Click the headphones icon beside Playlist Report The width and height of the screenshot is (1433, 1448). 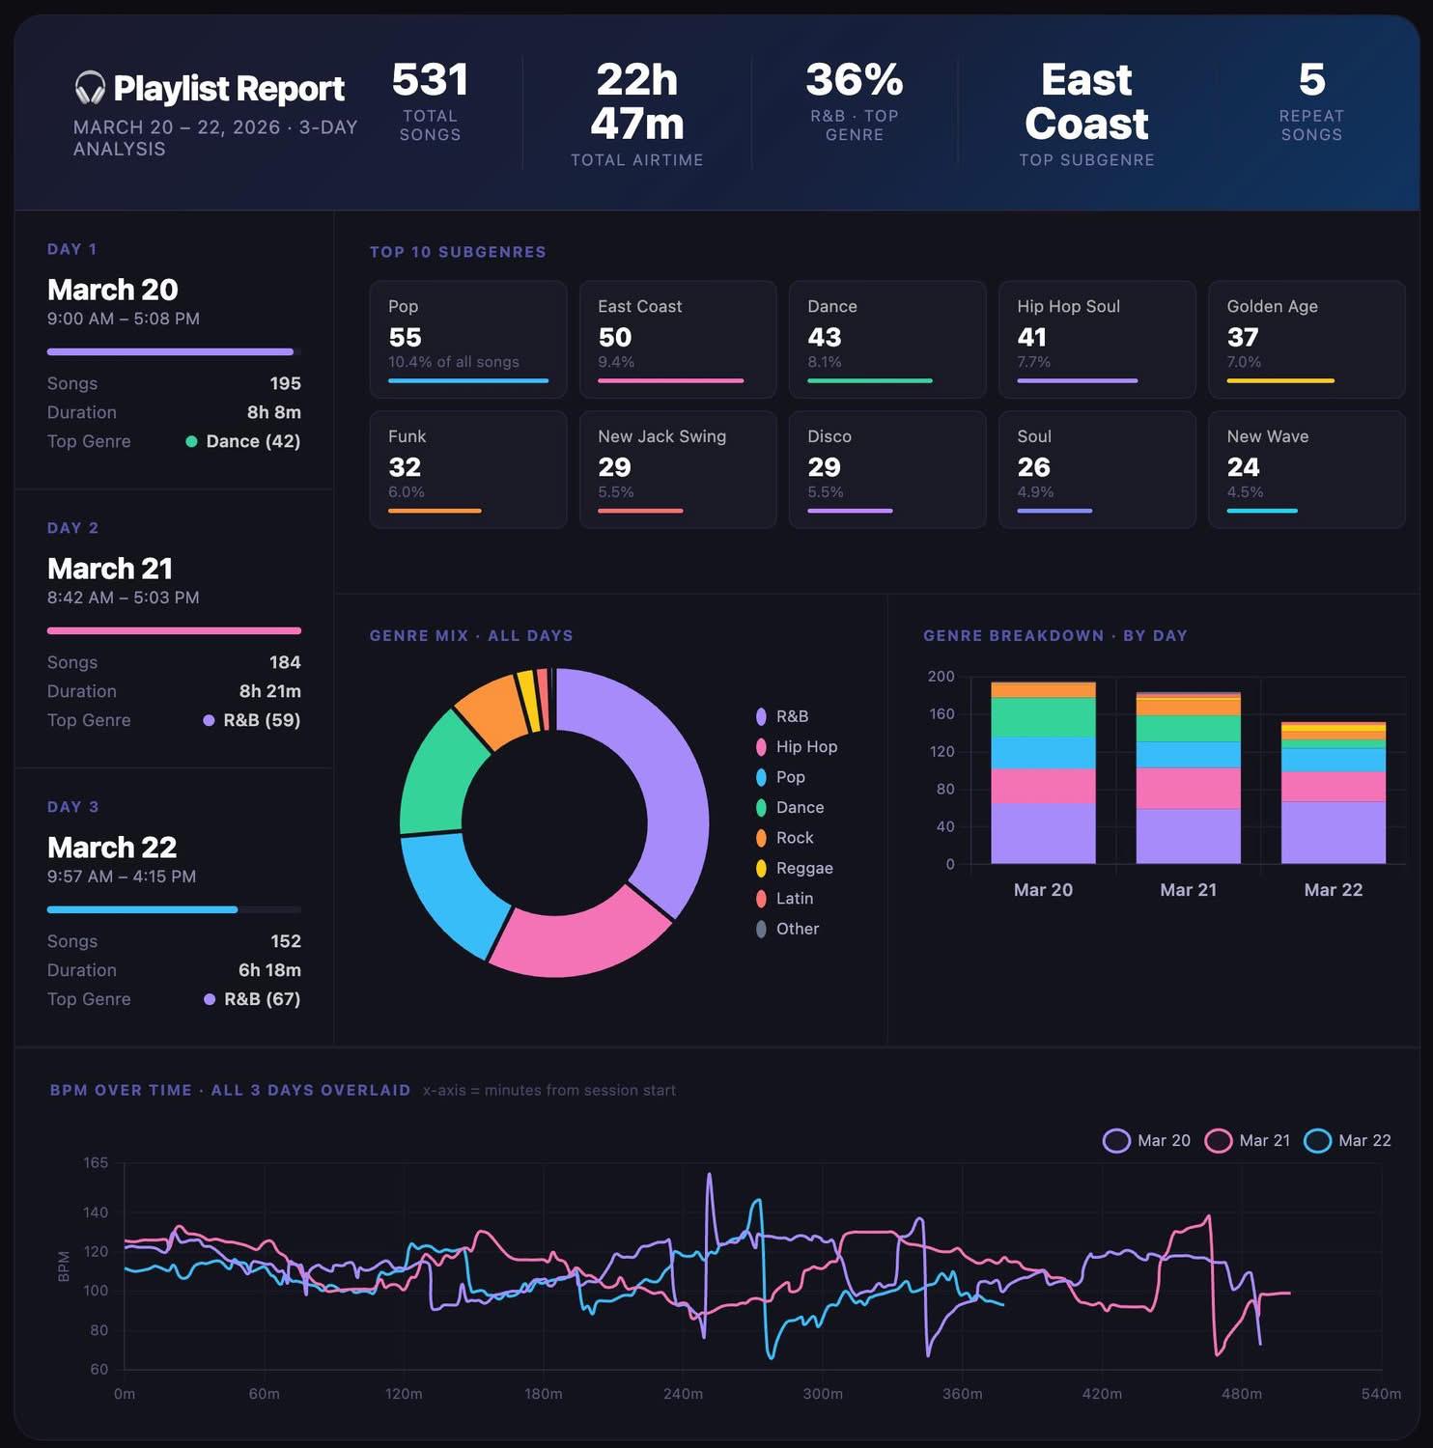[90, 88]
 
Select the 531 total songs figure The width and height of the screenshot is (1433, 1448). [430, 80]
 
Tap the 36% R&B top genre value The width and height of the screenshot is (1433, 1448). [854, 80]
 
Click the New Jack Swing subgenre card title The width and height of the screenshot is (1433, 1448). [661, 436]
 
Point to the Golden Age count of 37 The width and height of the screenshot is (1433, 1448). [1242, 337]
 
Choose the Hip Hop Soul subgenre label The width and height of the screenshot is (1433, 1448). [1068, 306]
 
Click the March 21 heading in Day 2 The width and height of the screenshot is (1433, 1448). [110, 568]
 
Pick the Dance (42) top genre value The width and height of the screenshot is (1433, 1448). [252, 441]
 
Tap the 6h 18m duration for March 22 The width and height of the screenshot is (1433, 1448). [269, 970]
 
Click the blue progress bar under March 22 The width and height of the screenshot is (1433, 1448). [142, 909]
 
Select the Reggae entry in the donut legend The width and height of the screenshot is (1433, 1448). [803, 868]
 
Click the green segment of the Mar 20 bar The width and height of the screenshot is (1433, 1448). [1043, 717]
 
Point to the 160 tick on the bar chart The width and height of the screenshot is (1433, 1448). [941, 714]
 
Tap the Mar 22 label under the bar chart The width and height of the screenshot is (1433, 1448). [1333, 890]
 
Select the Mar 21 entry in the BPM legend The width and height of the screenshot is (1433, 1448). [1248, 1140]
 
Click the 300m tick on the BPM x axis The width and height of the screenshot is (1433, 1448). [823, 1394]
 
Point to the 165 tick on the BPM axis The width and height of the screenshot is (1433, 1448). [96, 1163]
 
